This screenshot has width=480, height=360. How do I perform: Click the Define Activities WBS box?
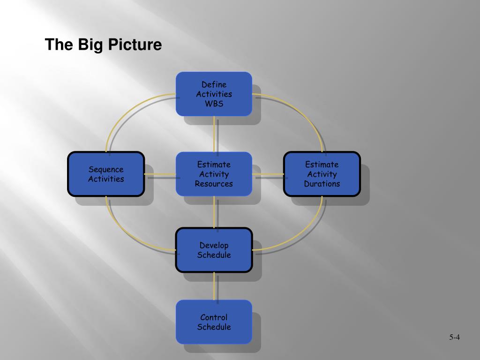point(214,94)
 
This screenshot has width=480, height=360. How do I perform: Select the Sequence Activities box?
point(106,174)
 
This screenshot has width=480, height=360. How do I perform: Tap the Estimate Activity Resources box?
point(214,174)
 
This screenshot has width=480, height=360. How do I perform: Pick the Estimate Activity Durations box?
point(322,174)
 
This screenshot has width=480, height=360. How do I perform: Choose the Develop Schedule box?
point(214,250)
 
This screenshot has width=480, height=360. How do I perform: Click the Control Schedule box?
point(214,322)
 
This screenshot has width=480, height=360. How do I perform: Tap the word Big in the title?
point(90,45)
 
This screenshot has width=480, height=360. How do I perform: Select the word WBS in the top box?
point(214,104)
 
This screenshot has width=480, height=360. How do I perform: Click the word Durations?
point(322,184)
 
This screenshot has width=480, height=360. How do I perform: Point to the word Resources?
point(214,184)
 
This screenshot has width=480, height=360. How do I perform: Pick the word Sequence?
point(106,169)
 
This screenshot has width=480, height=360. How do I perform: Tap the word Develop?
point(214,245)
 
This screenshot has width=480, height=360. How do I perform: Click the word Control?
point(214,317)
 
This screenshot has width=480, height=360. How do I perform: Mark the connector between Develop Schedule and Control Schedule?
point(214,286)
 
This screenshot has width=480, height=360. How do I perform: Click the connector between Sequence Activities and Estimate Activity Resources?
point(160,174)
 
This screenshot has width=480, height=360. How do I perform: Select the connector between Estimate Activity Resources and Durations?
point(268,174)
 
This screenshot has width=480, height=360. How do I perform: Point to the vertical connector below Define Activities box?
point(214,134)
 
